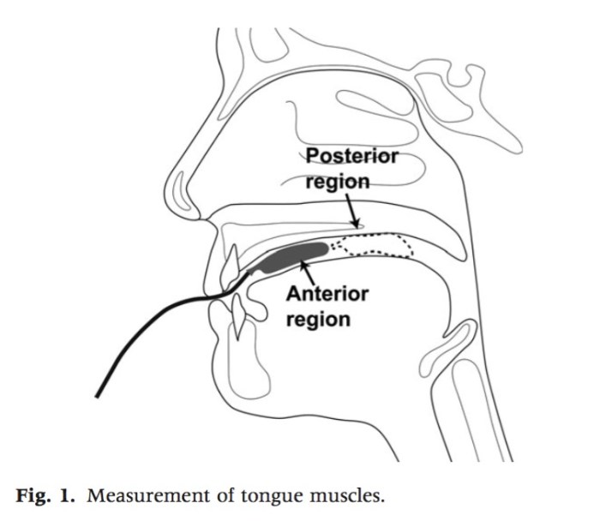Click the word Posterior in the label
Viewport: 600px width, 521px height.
(351, 157)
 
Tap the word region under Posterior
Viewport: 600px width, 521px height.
(338, 182)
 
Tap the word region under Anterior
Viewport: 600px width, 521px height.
(318, 319)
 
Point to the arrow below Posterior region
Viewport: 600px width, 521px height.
(352, 211)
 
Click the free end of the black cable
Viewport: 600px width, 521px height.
(99, 395)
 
